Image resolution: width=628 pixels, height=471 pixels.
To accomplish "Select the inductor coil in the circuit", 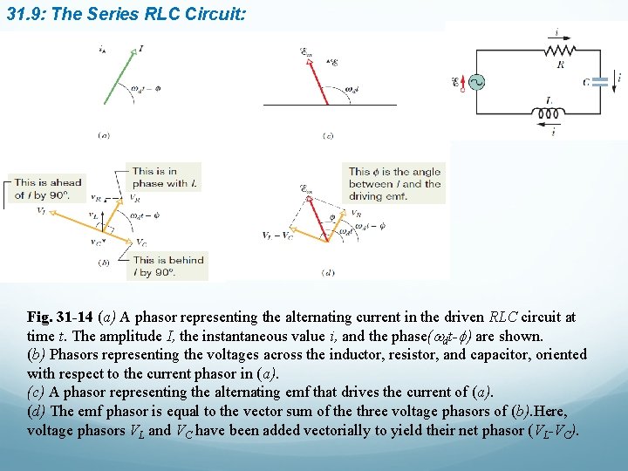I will (548, 113).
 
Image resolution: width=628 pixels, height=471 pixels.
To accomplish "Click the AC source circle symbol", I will (477, 82).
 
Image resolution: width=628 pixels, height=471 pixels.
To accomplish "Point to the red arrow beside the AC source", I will (463, 79).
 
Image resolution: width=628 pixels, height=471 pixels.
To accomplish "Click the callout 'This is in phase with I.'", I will (165, 177).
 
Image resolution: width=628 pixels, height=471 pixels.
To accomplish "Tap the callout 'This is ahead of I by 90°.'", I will (48, 188).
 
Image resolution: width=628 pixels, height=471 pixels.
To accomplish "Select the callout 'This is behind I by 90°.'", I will (168, 265).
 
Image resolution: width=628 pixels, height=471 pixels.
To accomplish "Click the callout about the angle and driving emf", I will (395, 184).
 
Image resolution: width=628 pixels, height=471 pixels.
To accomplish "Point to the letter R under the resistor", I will (559, 64).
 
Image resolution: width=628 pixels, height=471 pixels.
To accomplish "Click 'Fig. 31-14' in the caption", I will (59, 317).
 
